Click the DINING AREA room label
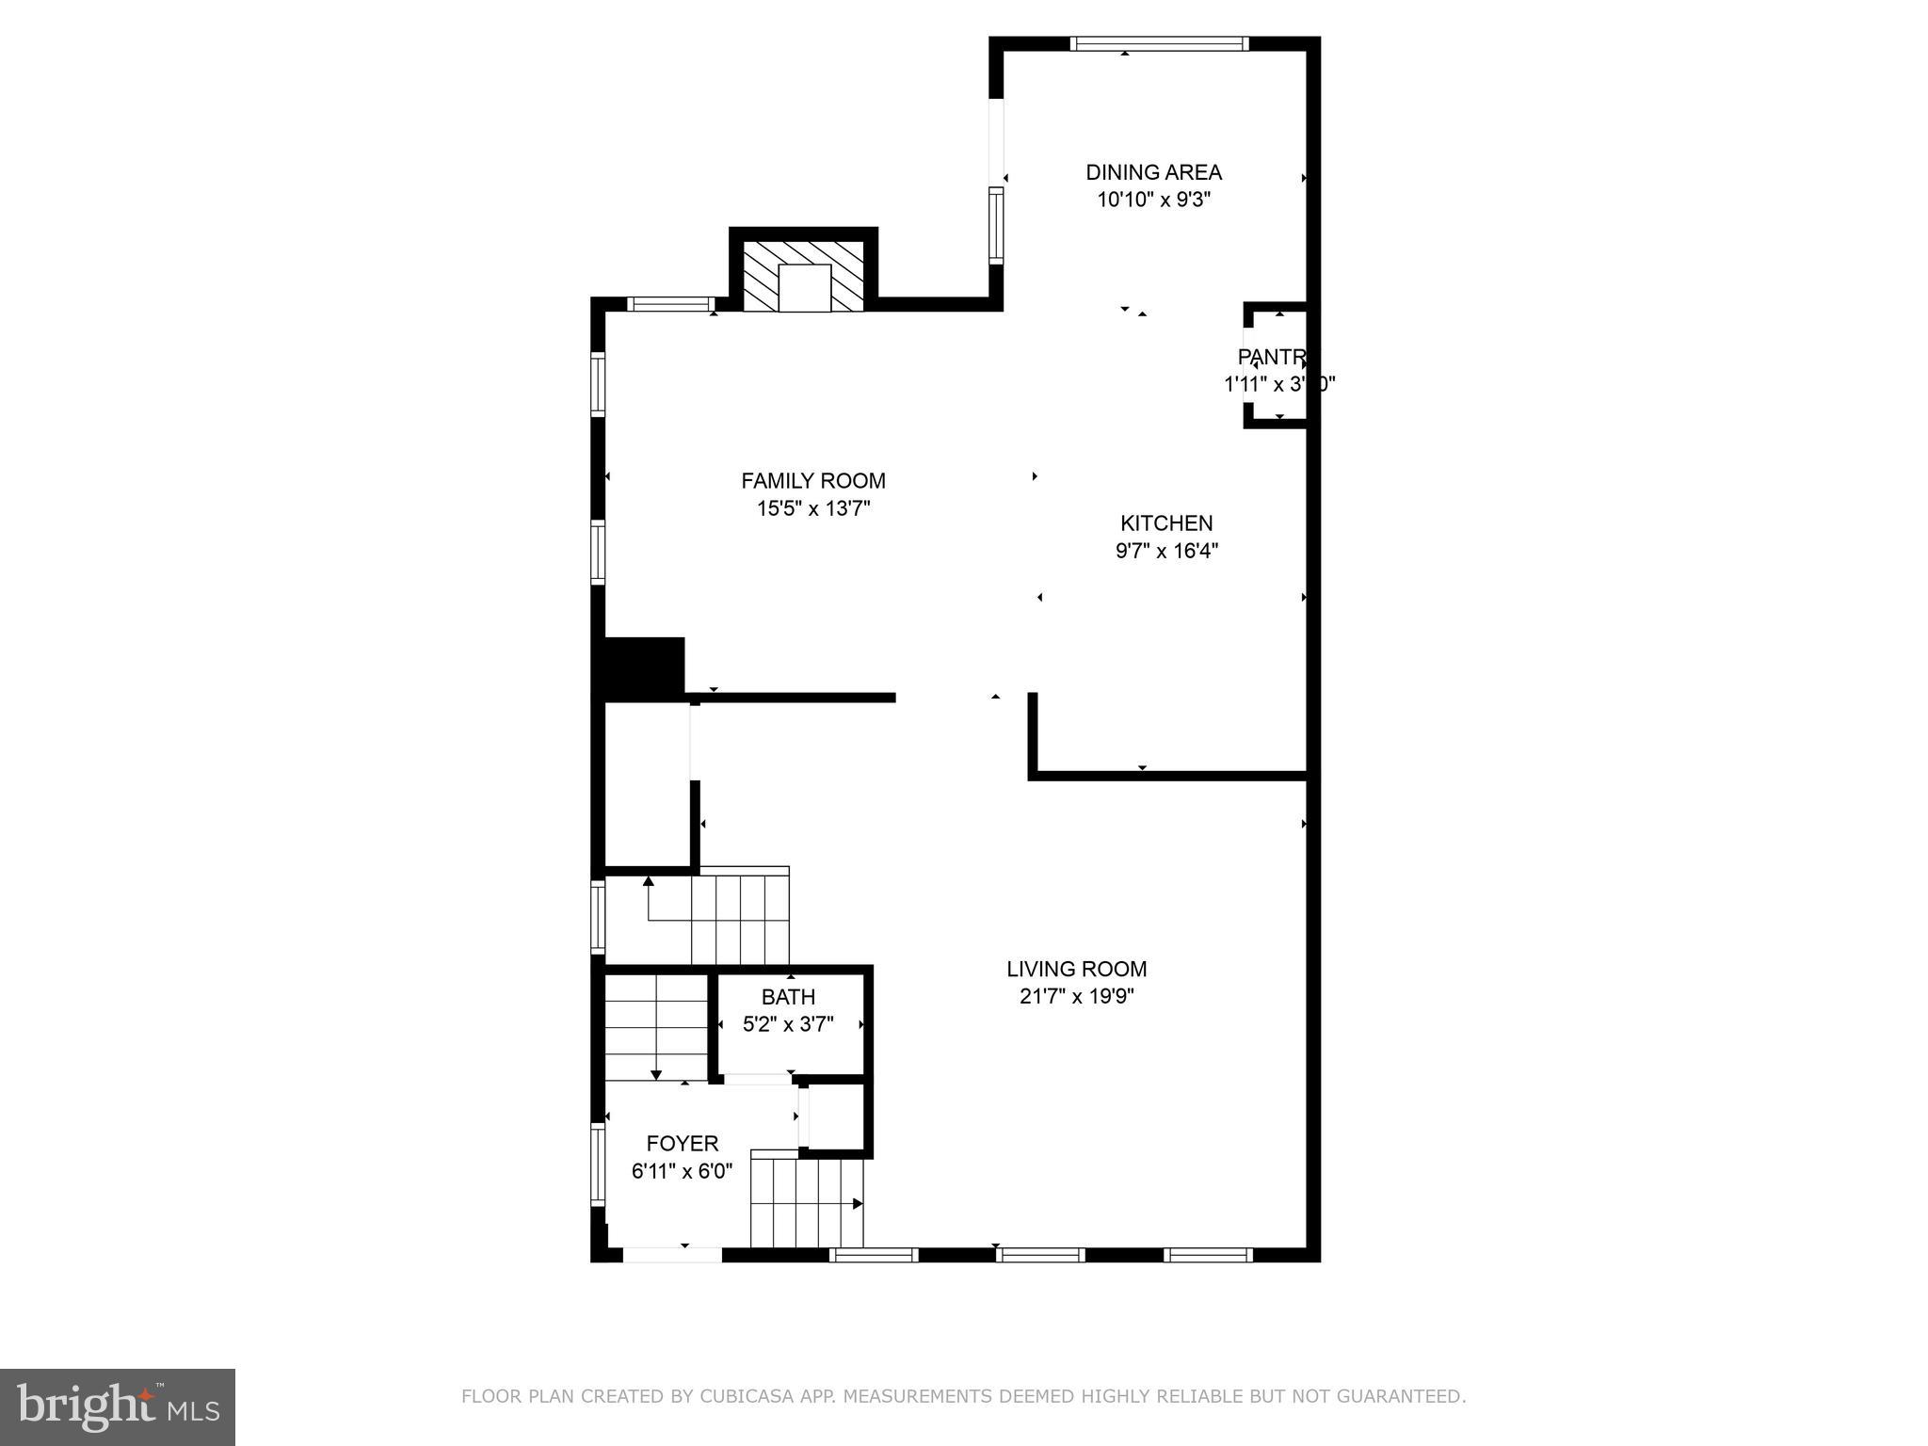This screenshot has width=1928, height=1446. [x=1153, y=172]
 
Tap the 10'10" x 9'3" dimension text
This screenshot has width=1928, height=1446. [x=1153, y=200]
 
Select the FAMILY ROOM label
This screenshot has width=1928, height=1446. [x=813, y=481]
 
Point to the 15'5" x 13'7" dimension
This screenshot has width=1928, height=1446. [x=813, y=509]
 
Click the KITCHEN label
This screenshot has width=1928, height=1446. [x=1166, y=523]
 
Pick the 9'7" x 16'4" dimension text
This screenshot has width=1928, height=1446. [x=1166, y=551]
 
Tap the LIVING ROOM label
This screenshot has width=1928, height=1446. [x=1076, y=969]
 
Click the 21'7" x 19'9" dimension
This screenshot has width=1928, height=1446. [x=1076, y=997]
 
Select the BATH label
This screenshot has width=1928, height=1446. [x=788, y=997]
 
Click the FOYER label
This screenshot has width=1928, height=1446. [x=683, y=1144]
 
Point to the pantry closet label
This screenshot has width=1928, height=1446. [x=1272, y=358]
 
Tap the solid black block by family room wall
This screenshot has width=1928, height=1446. [x=644, y=667]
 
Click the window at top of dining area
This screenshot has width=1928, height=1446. [x=1159, y=43]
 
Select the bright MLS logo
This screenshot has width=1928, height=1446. [x=118, y=1406]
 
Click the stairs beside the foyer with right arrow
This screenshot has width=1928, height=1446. [x=807, y=1203]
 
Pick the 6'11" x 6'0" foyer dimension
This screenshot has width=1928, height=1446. [x=683, y=1172]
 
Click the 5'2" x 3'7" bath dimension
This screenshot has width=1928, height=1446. [x=788, y=1024]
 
